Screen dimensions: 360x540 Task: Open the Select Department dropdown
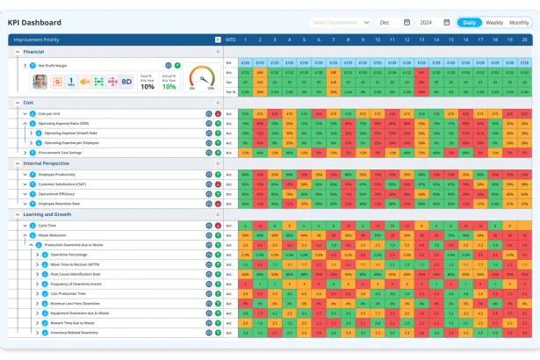[x=340, y=22]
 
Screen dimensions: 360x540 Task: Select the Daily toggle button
[x=470, y=22]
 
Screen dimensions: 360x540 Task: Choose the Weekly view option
[x=494, y=22]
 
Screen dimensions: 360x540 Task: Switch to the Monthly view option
[x=520, y=22]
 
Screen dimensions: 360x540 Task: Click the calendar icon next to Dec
[x=407, y=22]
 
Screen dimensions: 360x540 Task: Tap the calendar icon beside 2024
[x=447, y=22]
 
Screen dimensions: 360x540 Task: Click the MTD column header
[x=230, y=39]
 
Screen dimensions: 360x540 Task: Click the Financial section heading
[x=34, y=52]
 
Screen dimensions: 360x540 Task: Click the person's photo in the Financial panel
[x=40, y=81]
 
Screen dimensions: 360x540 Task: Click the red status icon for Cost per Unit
[x=217, y=113]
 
